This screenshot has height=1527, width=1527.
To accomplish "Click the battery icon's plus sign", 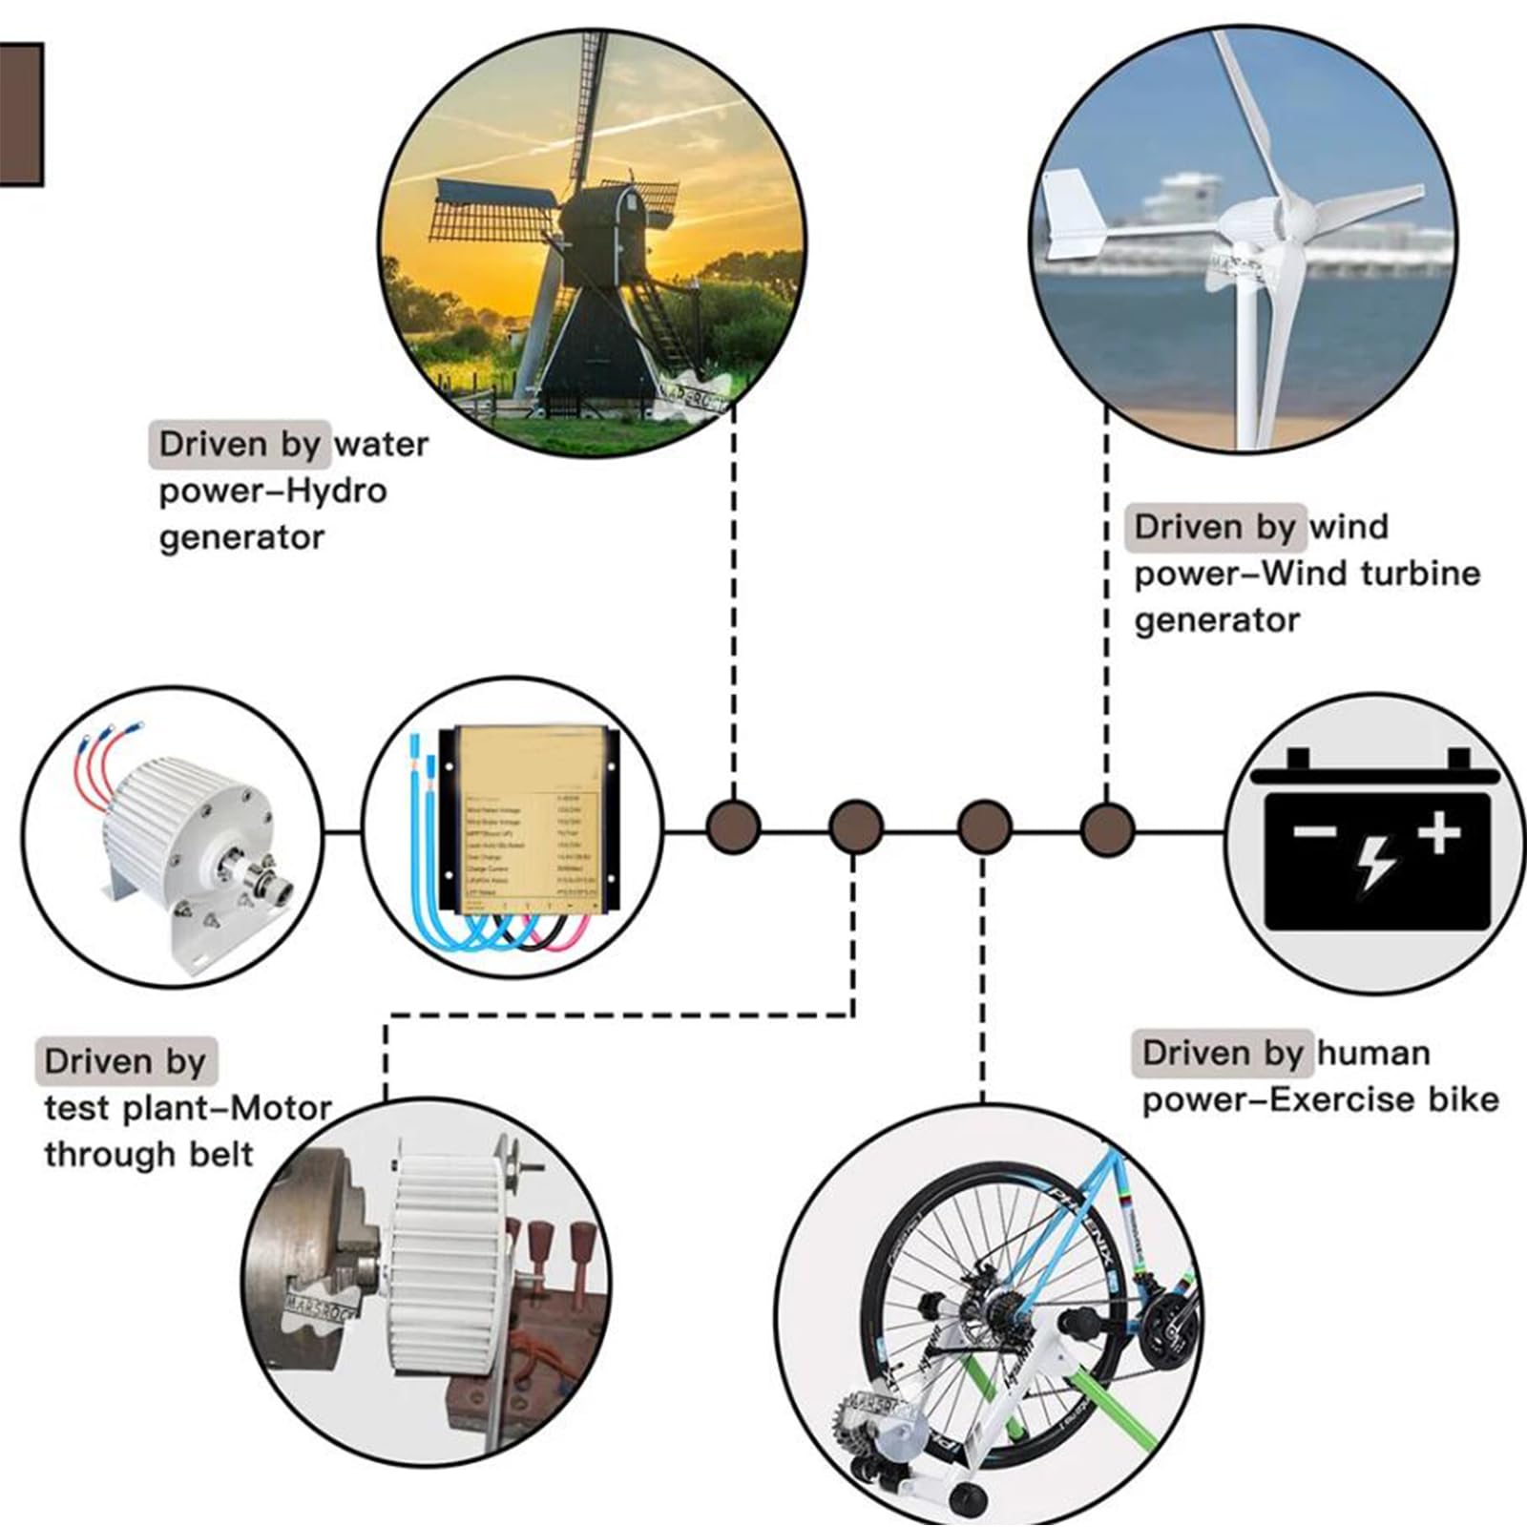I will click(x=1439, y=833).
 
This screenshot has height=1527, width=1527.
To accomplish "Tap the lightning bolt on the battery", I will click(x=1375, y=862).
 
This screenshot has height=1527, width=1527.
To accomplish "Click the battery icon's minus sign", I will click(x=1314, y=831).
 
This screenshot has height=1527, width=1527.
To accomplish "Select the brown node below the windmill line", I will click(x=733, y=826).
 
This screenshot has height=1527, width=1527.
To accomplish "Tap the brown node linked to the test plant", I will click(x=855, y=826).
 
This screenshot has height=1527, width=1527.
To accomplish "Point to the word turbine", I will click(x=1420, y=574).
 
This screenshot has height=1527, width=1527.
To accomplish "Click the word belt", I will click(x=220, y=1155).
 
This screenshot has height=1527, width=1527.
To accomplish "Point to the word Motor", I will click(x=282, y=1109).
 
